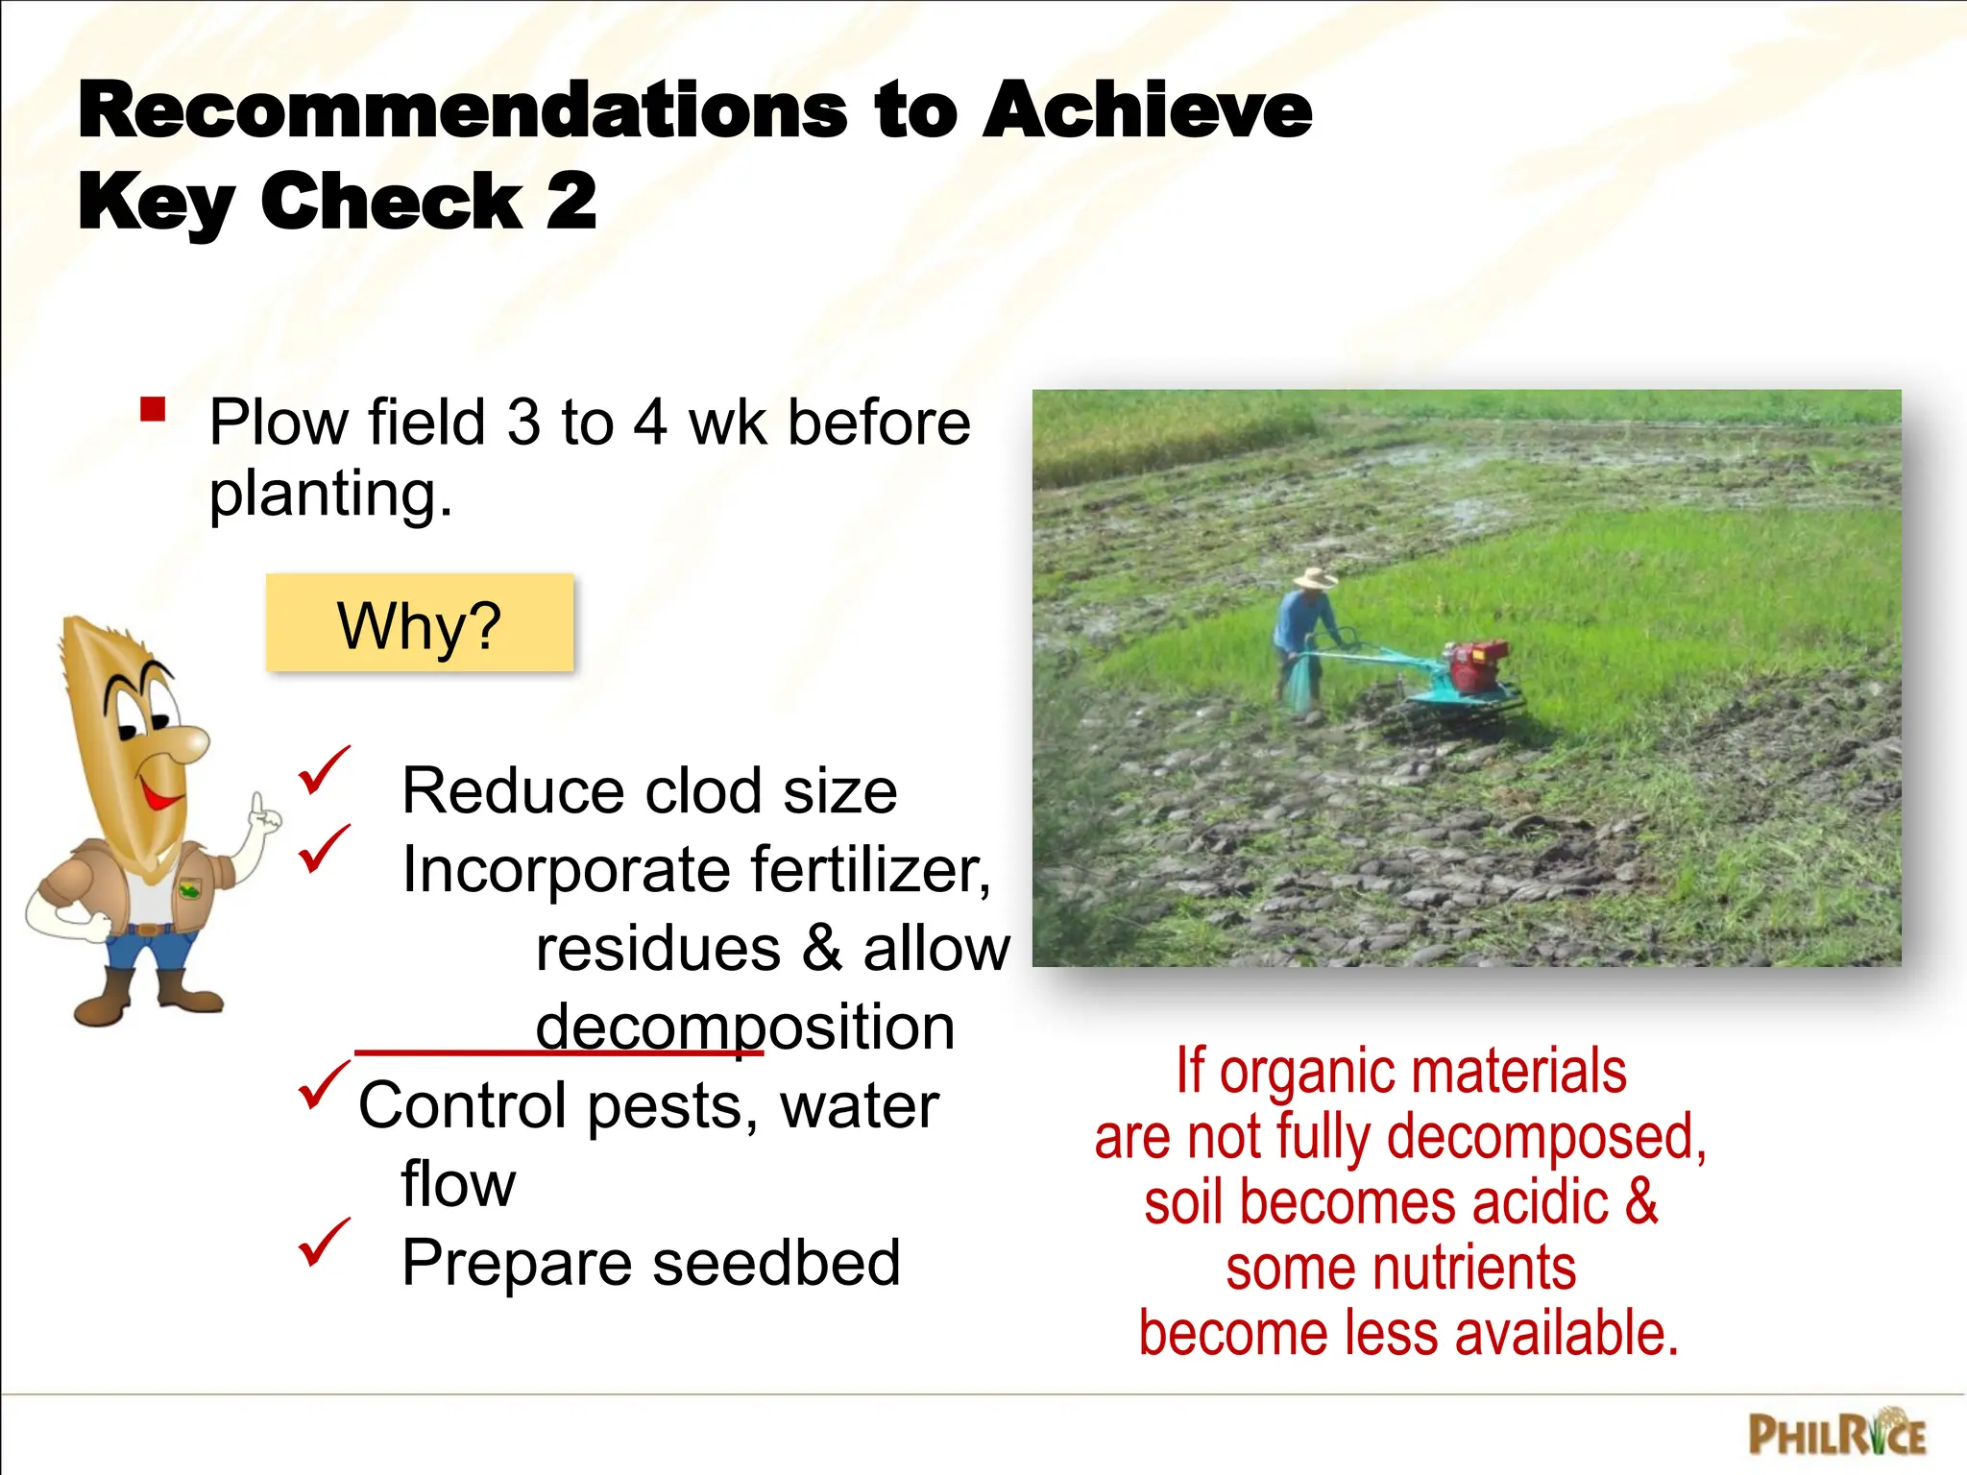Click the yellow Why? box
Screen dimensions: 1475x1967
point(419,623)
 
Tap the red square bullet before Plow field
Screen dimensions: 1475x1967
point(153,410)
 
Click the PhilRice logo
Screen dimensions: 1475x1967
point(1835,1436)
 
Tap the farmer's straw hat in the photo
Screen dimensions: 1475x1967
point(1313,578)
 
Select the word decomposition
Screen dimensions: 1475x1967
point(744,1027)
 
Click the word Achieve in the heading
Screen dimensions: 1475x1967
point(1147,110)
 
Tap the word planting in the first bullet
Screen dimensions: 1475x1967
point(330,495)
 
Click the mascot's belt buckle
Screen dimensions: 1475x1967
point(145,929)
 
